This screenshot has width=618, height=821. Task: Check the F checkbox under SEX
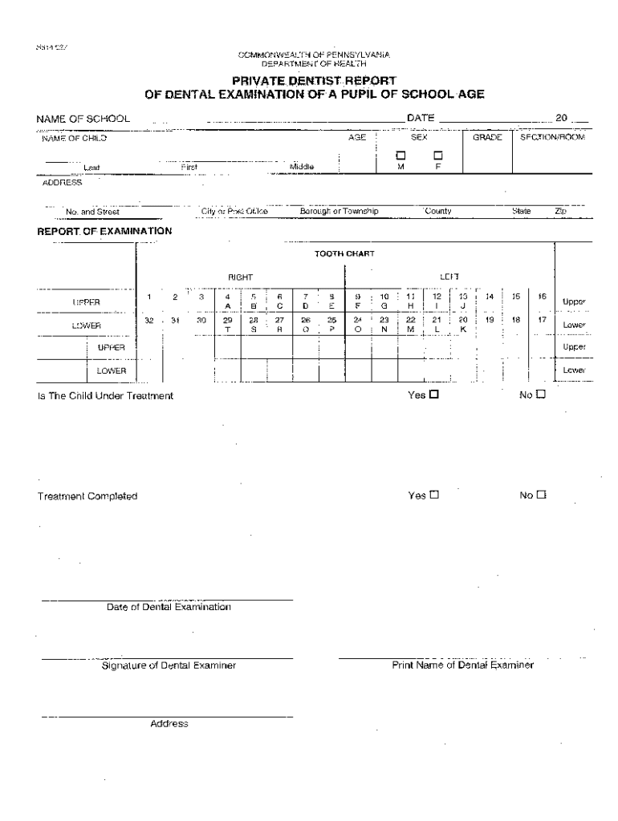click(x=438, y=156)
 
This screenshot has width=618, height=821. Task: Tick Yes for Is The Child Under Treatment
click(x=434, y=394)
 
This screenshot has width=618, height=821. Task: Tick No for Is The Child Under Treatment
click(x=541, y=394)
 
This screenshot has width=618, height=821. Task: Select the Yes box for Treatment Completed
click(x=434, y=495)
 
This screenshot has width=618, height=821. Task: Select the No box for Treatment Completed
click(x=541, y=495)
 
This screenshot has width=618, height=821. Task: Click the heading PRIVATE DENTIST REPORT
click(x=314, y=81)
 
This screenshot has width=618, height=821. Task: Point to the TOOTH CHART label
click(x=344, y=254)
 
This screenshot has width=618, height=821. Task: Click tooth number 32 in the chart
click(x=149, y=319)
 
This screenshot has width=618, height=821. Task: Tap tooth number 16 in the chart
click(x=543, y=296)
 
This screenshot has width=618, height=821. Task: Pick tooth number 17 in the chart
click(x=543, y=319)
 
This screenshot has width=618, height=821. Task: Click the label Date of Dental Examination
click(x=169, y=607)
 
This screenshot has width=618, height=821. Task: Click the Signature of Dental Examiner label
click(x=169, y=665)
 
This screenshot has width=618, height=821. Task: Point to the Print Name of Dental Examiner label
click(x=462, y=665)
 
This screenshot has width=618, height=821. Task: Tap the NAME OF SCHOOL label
click(x=83, y=119)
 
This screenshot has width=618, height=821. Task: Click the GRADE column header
click(x=487, y=138)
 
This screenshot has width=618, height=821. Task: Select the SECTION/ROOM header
click(x=553, y=138)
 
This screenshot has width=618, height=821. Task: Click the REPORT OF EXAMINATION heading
click(x=105, y=231)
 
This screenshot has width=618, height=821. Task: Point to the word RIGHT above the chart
click(x=241, y=277)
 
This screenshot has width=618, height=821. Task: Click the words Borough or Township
click(x=339, y=212)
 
